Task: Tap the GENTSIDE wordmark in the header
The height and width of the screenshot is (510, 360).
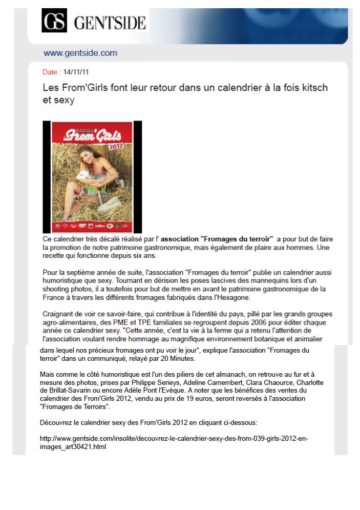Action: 110,23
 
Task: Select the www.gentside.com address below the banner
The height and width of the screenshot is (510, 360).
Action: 80,53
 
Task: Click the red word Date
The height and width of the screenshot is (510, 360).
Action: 50,72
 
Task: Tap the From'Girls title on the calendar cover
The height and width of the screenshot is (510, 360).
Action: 93,136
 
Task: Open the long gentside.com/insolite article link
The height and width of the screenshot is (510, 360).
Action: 174,443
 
